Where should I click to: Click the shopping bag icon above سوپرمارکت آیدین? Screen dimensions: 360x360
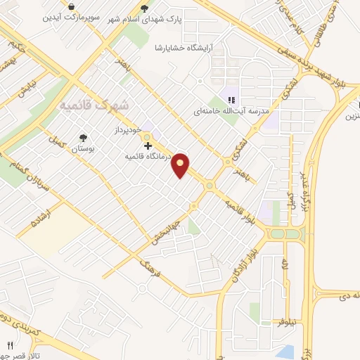click(72, 6)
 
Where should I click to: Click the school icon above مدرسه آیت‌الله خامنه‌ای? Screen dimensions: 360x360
click(232, 98)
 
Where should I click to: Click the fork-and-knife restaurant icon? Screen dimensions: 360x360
click(10, 346)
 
